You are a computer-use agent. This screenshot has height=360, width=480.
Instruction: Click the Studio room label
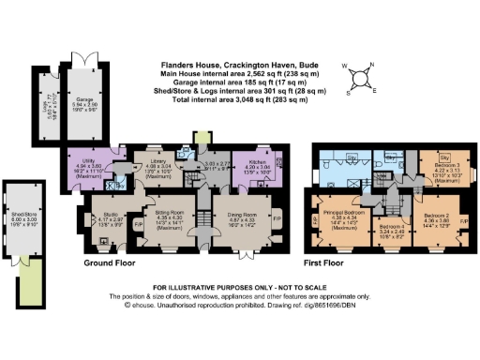point(109,221)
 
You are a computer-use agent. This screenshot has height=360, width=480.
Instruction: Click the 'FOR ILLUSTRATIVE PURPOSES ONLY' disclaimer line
point(240,285)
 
